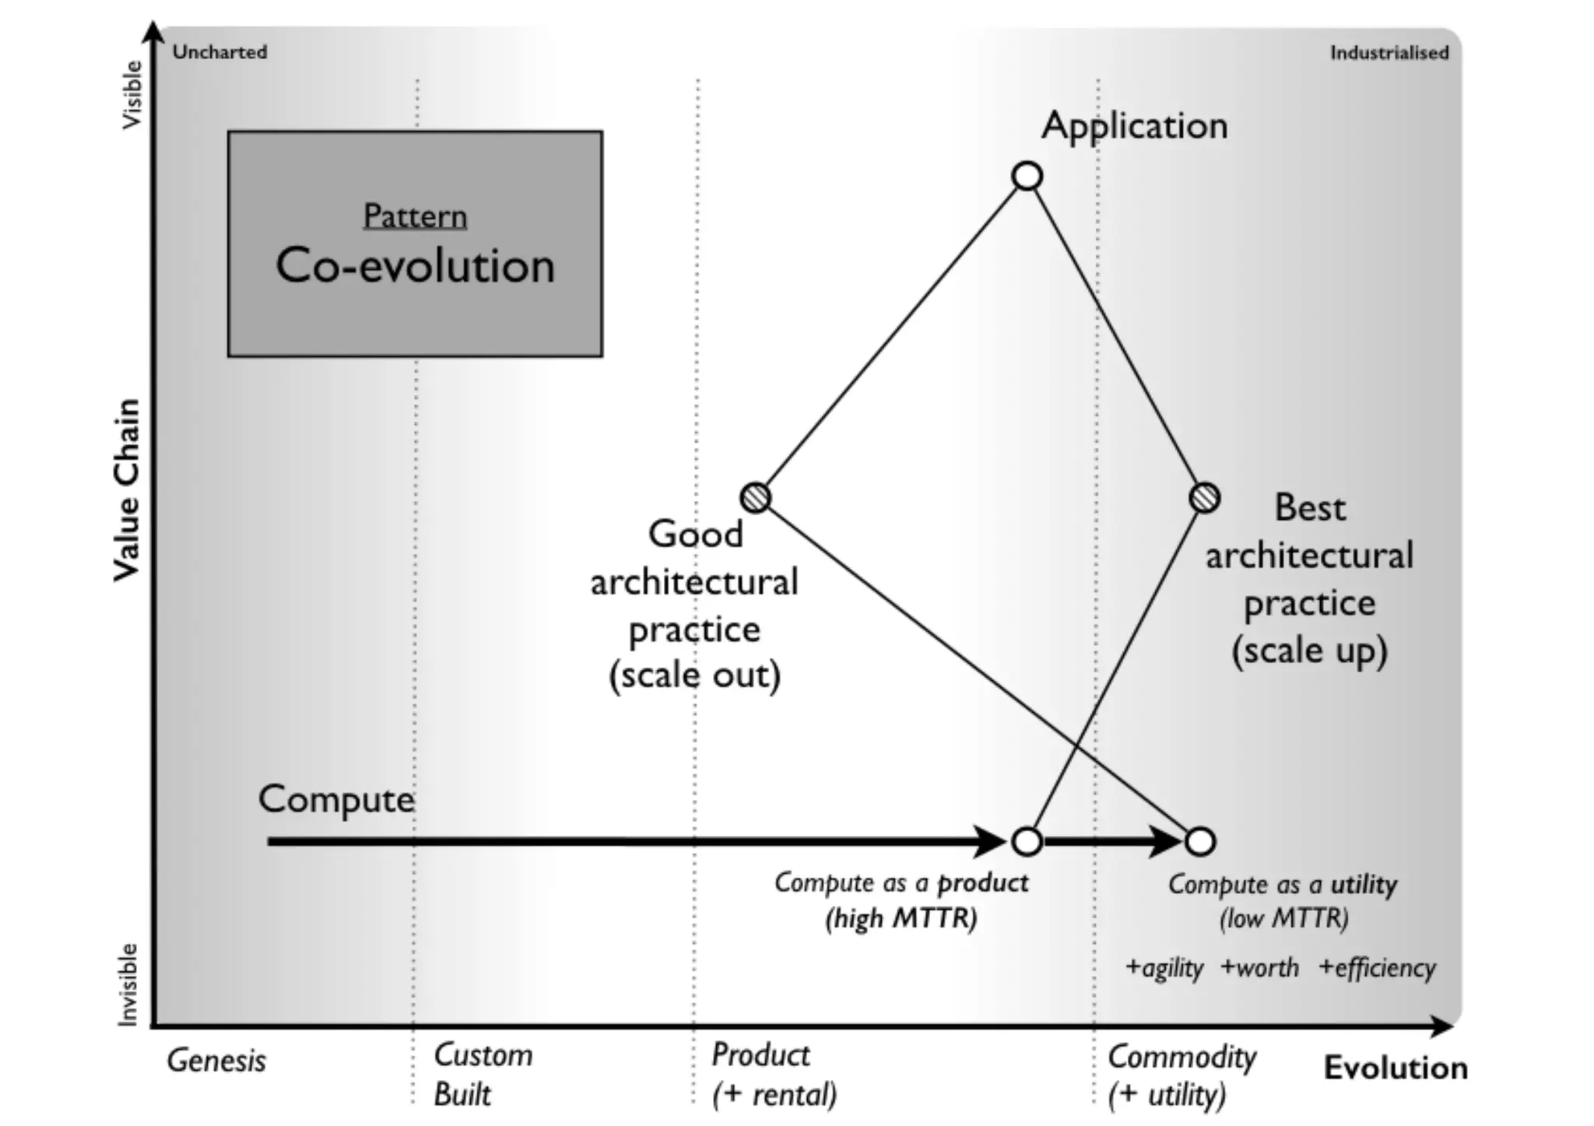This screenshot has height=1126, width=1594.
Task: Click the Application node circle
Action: [1027, 176]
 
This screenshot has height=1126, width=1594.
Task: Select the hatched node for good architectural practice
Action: [755, 497]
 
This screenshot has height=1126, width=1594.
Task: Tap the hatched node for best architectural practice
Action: [1205, 497]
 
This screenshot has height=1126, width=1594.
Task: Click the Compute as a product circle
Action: [1027, 841]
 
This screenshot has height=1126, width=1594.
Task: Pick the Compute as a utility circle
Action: [1200, 841]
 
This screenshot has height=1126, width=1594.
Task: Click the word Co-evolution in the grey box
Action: [415, 266]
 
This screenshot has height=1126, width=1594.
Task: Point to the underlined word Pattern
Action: [415, 216]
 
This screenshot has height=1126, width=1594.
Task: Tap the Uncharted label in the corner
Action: [219, 52]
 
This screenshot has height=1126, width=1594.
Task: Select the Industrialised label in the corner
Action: [1389, 53]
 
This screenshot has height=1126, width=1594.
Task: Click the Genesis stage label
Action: [216, 1061]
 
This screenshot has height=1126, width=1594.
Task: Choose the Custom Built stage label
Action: [483, 1075]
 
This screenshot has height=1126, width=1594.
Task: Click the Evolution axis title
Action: [1396, 1068]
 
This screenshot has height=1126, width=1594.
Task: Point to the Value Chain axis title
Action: [126, 490]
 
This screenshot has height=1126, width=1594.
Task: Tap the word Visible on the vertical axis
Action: [132, 95]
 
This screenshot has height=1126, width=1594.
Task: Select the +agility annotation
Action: [1164, 968]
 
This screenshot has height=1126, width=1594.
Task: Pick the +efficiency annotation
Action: [1377, 968]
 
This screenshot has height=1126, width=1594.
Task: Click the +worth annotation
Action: [1259, 968]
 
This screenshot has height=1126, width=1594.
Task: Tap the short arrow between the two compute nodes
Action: [1113, 841]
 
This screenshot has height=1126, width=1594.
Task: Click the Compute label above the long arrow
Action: [336, 799]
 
